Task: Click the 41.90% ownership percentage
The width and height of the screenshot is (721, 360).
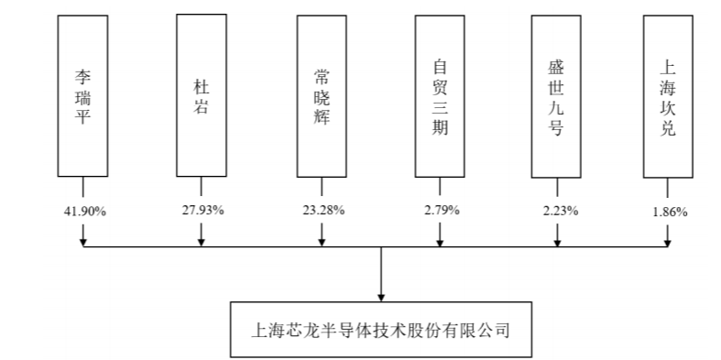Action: click(84, 212)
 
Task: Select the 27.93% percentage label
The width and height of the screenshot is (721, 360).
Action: click(202, 210)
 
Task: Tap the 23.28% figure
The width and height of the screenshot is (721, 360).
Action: click(323, 210)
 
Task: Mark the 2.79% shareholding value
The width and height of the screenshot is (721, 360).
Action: click(442, 210)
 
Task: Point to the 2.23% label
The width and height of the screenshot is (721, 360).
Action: click(560, 211)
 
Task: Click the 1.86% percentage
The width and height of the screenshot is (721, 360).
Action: click(670, 212)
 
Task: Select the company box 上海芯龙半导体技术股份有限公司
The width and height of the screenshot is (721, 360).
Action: click(381, 330)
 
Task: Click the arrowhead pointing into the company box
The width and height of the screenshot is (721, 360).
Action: click(381, 297)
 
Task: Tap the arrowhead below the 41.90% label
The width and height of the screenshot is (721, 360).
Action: click(83, 242)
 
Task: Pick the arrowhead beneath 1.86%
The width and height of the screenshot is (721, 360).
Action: click(668, 242)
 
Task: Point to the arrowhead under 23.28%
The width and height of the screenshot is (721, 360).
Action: click(322, 242)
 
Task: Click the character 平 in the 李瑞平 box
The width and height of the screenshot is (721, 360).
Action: click(82, 116)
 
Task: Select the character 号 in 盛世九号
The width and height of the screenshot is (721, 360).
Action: click(556, 128)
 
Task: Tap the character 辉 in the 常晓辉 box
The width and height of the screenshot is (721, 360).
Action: click(322, 117)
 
